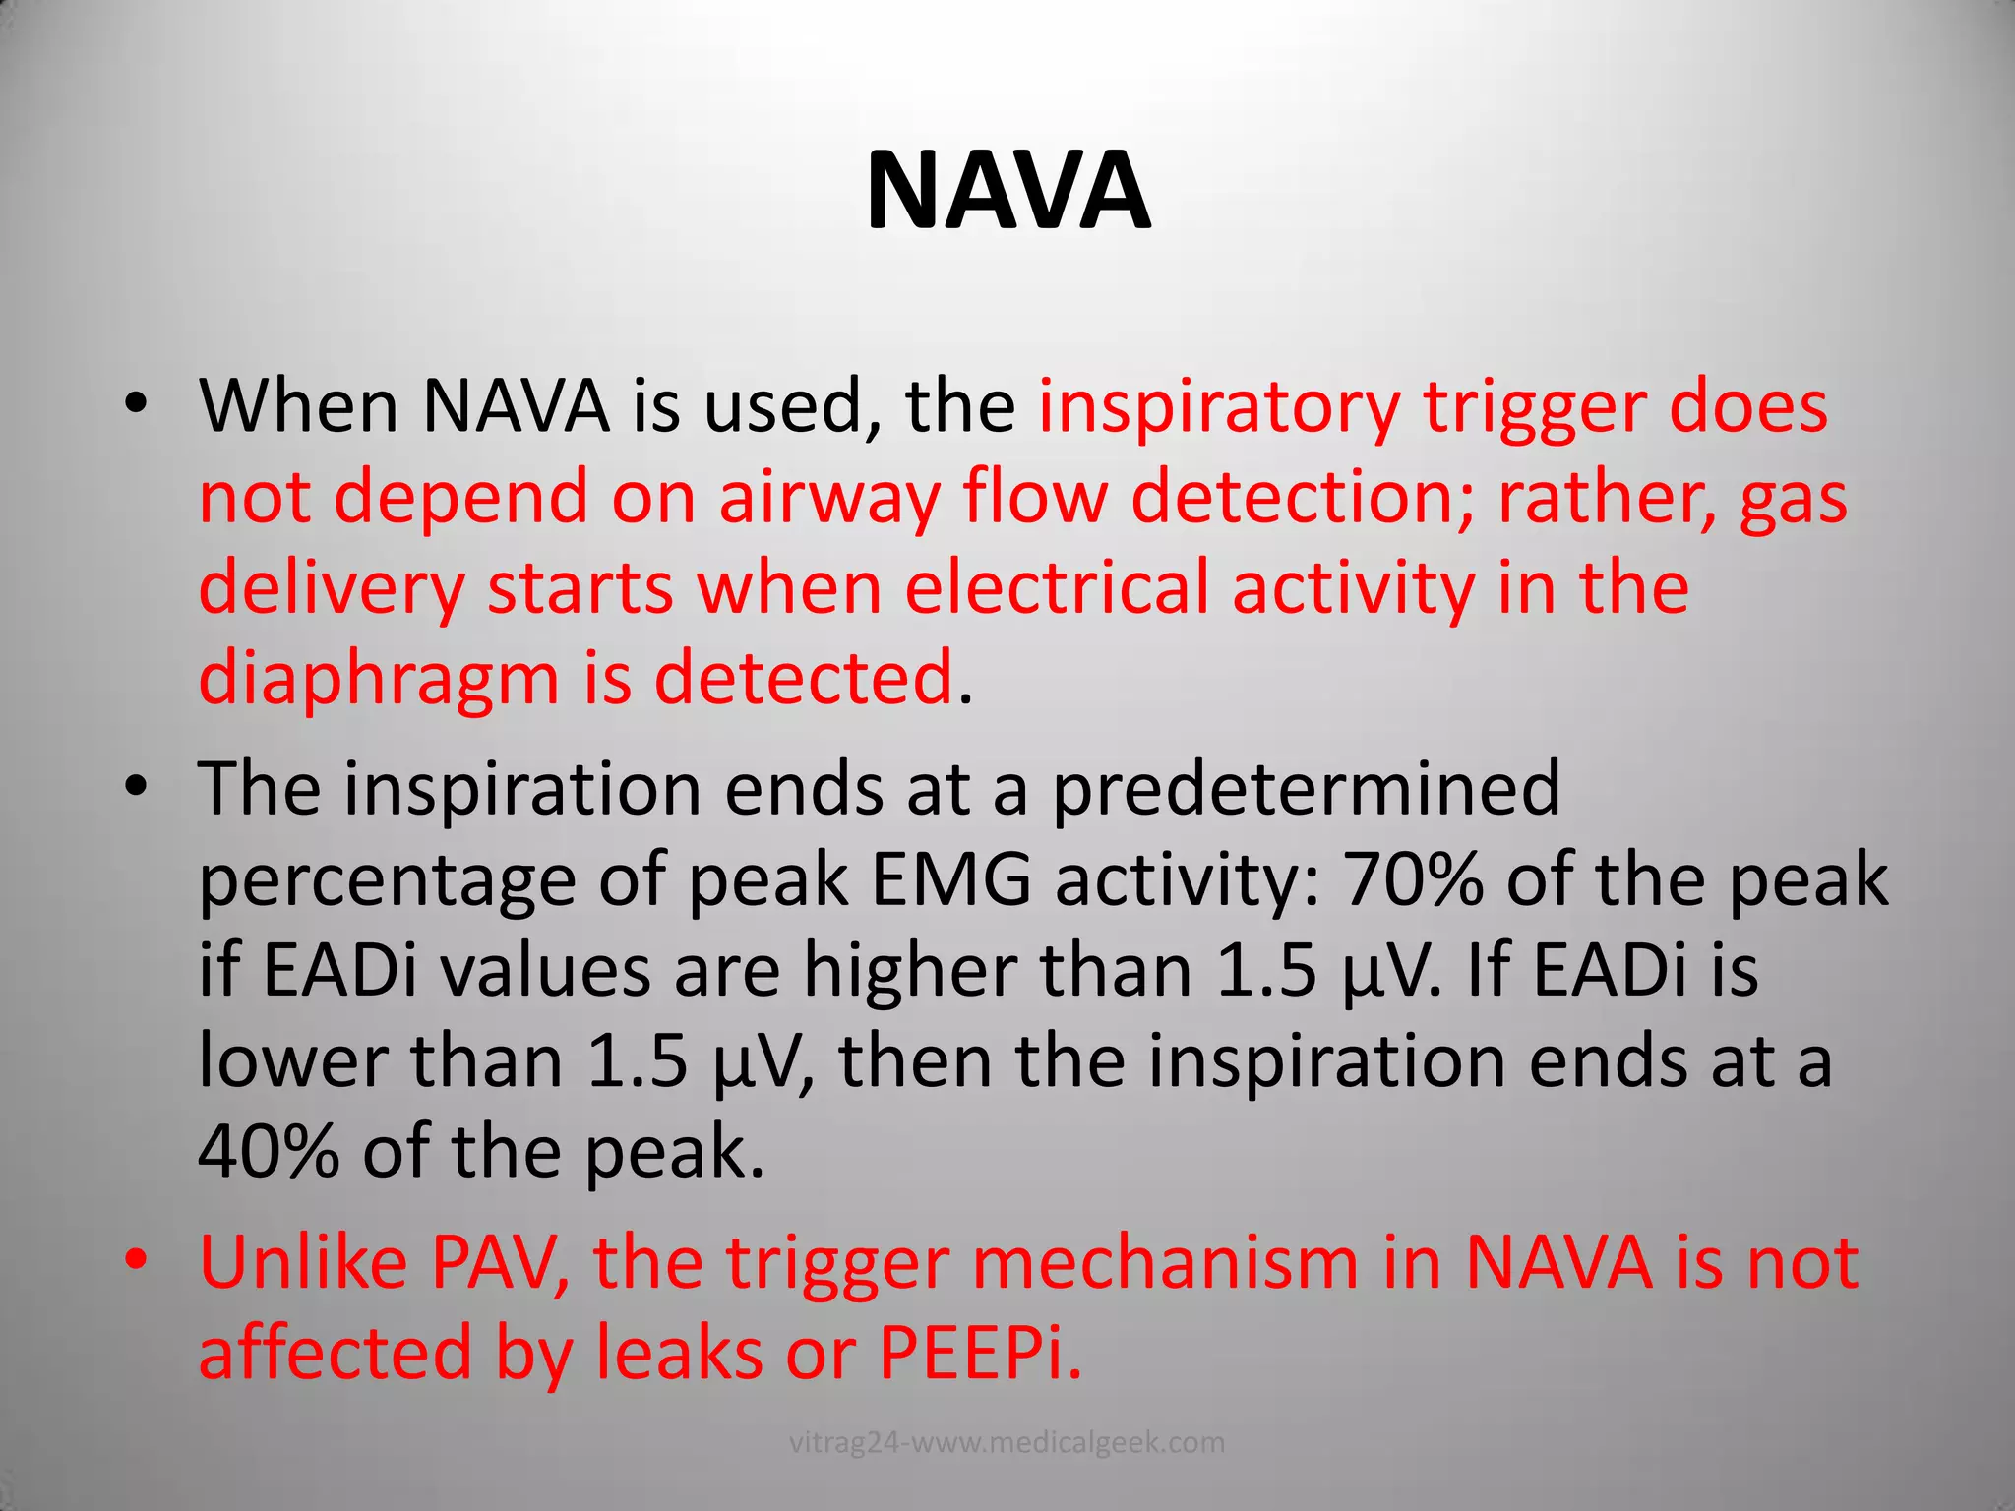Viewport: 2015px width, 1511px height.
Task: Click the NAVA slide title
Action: coord(1007,192)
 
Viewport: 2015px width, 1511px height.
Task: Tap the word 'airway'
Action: coord(828,498)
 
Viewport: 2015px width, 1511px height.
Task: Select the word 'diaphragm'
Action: coord(379,680)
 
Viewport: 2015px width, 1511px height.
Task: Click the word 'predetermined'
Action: coord(1307,788)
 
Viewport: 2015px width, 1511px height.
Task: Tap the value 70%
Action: coord(1413,878)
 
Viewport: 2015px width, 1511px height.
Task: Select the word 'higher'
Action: coord(910,970)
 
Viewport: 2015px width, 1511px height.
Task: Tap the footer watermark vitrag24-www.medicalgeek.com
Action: coord(1007,1443)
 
